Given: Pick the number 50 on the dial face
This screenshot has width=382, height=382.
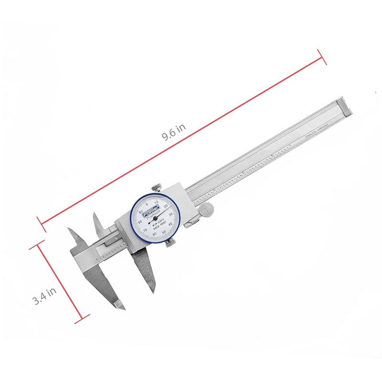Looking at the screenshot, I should point(164,233).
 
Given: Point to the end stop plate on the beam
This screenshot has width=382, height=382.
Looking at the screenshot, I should point(345,106).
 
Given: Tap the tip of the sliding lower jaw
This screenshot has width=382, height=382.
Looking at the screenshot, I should point(154,290).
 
